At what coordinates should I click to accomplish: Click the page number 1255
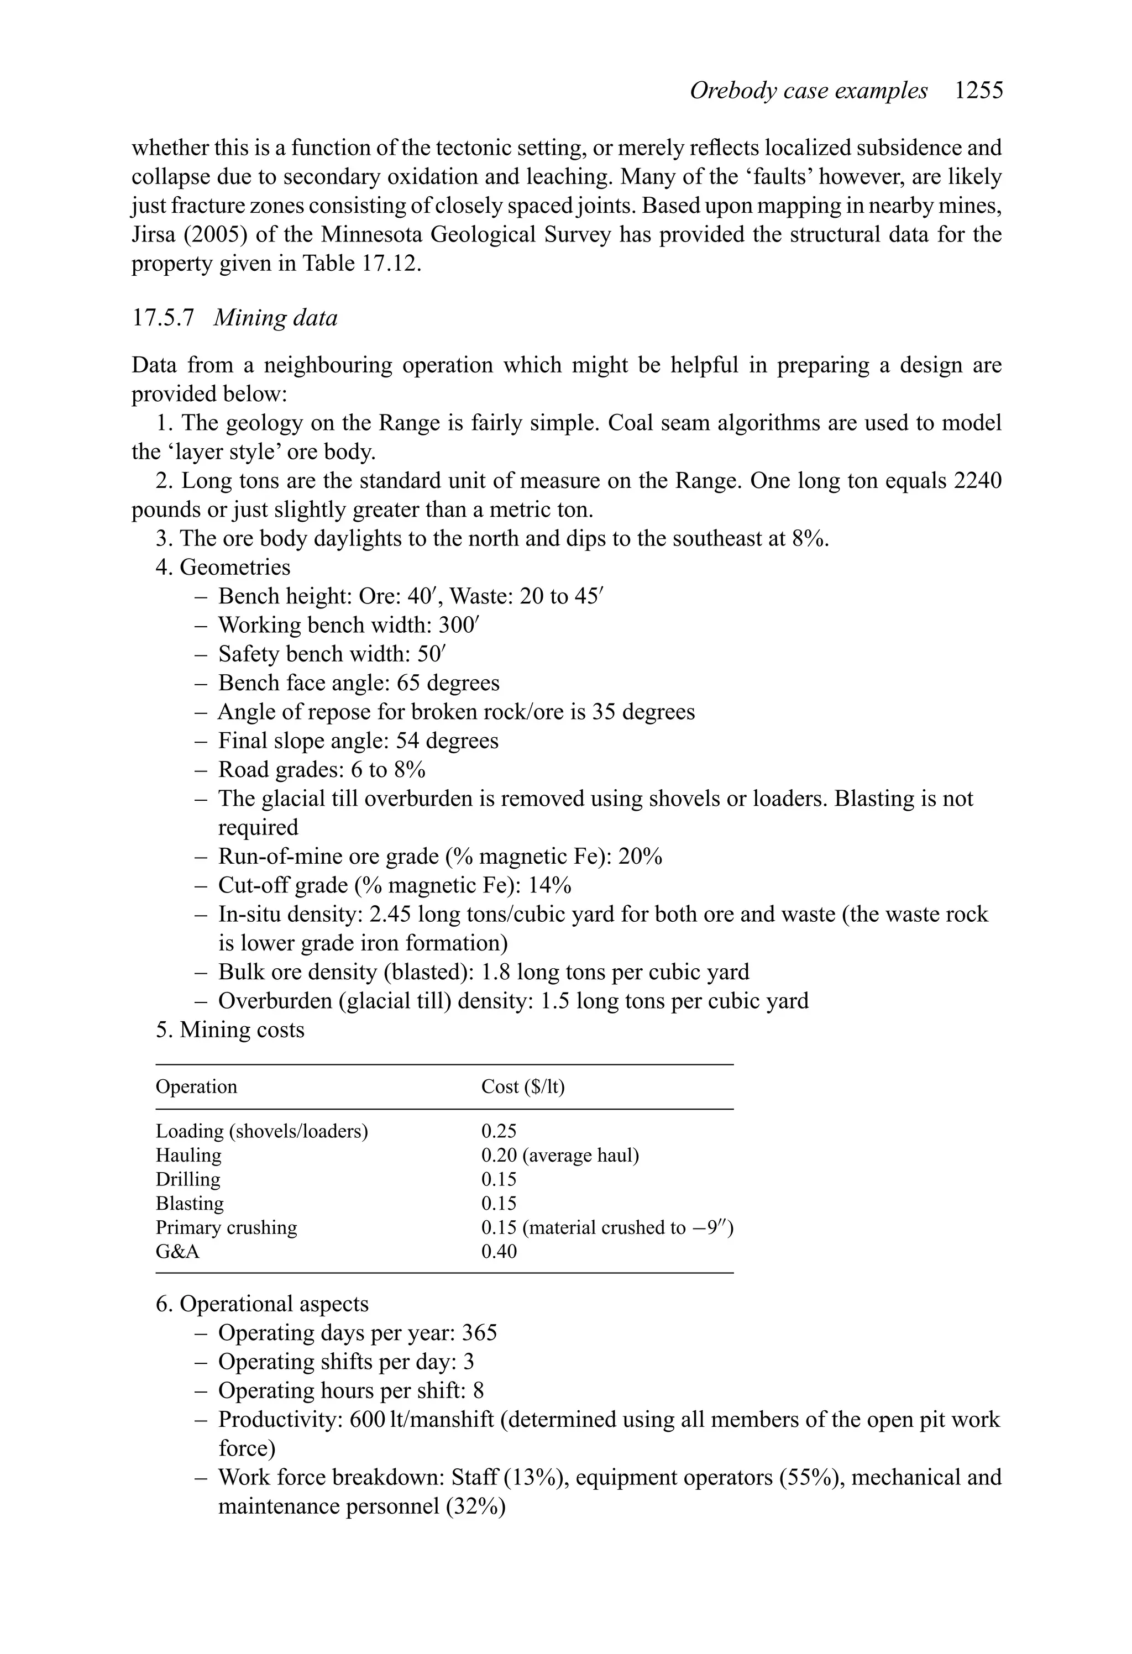point(979,91)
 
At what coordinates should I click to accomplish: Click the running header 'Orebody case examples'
point(808,91)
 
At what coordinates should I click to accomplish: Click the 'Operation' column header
point(197,1087)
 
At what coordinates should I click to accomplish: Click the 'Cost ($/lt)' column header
point(522,1087)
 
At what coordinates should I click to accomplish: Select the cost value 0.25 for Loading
point(499,1131)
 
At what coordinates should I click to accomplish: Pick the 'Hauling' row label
point(188,1155)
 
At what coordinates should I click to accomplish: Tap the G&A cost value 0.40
point(499,1251)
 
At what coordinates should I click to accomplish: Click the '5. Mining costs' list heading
point(230,1030)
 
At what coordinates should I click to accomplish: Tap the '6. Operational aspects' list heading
point(262,1304)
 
